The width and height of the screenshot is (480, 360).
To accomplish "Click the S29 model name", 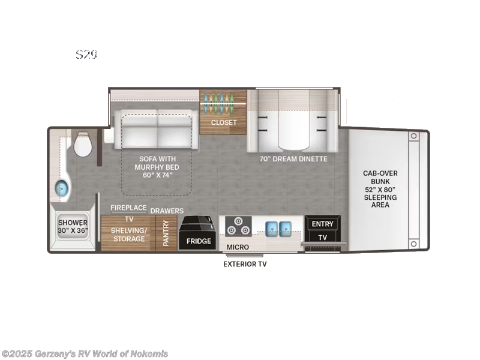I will (86, 55).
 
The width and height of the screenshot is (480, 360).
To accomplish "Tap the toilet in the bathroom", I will (81, 145).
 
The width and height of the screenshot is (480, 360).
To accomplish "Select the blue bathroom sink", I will (62, 188).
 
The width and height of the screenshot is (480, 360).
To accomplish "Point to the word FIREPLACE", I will (128, 208).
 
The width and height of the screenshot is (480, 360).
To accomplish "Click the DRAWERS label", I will (167, 211).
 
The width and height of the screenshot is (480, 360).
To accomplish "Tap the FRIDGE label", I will (199, 241).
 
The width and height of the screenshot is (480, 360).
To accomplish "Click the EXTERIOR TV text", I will (245, 264).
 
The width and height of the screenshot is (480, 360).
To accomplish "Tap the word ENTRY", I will (322, 224).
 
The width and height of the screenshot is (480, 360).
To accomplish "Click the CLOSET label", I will (223, 122).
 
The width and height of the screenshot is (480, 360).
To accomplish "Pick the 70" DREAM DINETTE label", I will (293, 159).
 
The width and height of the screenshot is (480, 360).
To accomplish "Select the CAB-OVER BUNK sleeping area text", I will (380, 189).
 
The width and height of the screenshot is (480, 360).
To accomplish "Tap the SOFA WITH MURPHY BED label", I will (158, 167).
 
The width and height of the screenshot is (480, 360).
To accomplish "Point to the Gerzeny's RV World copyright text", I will (85, 354).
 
